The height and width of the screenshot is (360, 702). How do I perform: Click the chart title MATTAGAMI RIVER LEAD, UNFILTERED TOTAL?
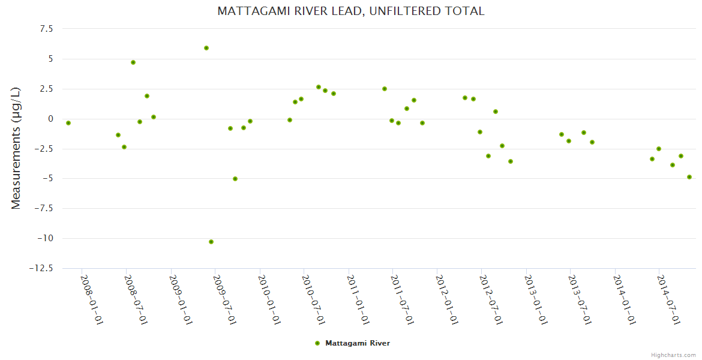click(350, 11)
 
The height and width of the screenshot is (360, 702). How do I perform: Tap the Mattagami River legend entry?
click(357, 343)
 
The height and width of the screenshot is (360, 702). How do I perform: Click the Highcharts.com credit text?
click(673, 355)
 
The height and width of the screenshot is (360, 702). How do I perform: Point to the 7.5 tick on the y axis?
click(46, 29)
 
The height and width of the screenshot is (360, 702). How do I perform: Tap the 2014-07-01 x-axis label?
click(669, 300)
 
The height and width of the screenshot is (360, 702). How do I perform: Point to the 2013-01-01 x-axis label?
click(536, 300)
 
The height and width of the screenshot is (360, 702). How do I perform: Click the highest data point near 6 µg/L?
click(206, 48)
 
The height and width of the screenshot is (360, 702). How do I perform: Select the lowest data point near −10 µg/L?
click(211, 242)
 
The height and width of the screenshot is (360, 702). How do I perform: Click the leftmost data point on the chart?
click(68, 123)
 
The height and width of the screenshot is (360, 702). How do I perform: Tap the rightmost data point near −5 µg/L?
click(689, 177)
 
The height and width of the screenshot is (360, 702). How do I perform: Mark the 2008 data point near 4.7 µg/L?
click(133, 62)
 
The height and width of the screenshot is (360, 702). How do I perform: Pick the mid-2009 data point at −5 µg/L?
click(235, 179)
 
